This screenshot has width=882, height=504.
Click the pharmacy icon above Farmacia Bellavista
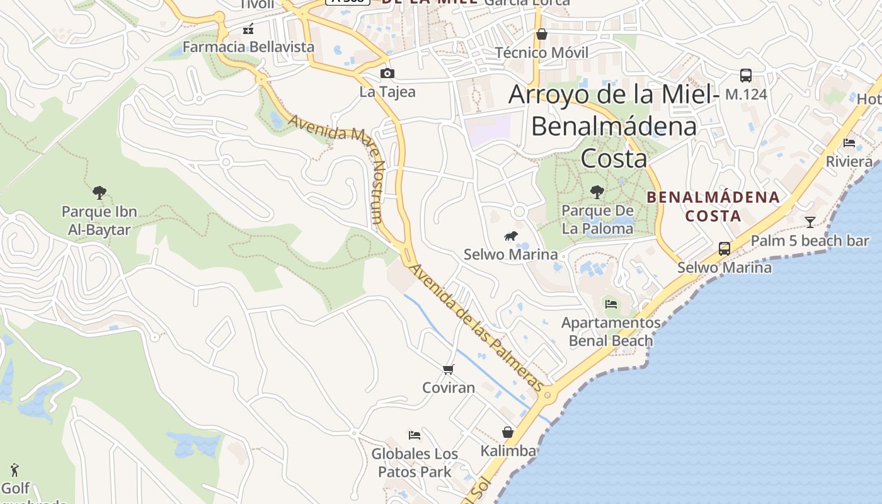coord(248,29)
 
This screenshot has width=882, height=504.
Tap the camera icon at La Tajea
coord(387,74)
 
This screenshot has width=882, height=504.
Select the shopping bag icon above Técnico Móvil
coord(541,34)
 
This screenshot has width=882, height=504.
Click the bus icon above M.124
coord(746,76)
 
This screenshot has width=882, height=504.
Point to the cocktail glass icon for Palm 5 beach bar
coord(810,222)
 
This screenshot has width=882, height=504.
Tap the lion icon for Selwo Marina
coord(510,236)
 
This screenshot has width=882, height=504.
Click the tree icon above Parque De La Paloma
coord(597,192)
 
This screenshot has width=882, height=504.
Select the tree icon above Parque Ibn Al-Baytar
coord(99,193)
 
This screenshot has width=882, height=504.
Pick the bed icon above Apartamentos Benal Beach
coord(610,304)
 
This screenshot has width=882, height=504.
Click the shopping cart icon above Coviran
coord(448,369)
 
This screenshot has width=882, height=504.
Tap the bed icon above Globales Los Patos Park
coord(414,435)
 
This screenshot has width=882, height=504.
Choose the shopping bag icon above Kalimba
coord(508,432)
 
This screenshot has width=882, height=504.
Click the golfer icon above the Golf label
coord(15,470)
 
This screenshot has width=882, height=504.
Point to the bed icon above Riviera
coord(849,143)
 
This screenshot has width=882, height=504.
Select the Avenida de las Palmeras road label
coord(476,328)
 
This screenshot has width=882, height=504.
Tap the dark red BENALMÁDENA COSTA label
coord(713,207)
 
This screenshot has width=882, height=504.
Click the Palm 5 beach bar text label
coord(810,241)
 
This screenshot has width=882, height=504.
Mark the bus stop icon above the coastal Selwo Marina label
coord(724,249)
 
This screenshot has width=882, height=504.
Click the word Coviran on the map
coord(449,387)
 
